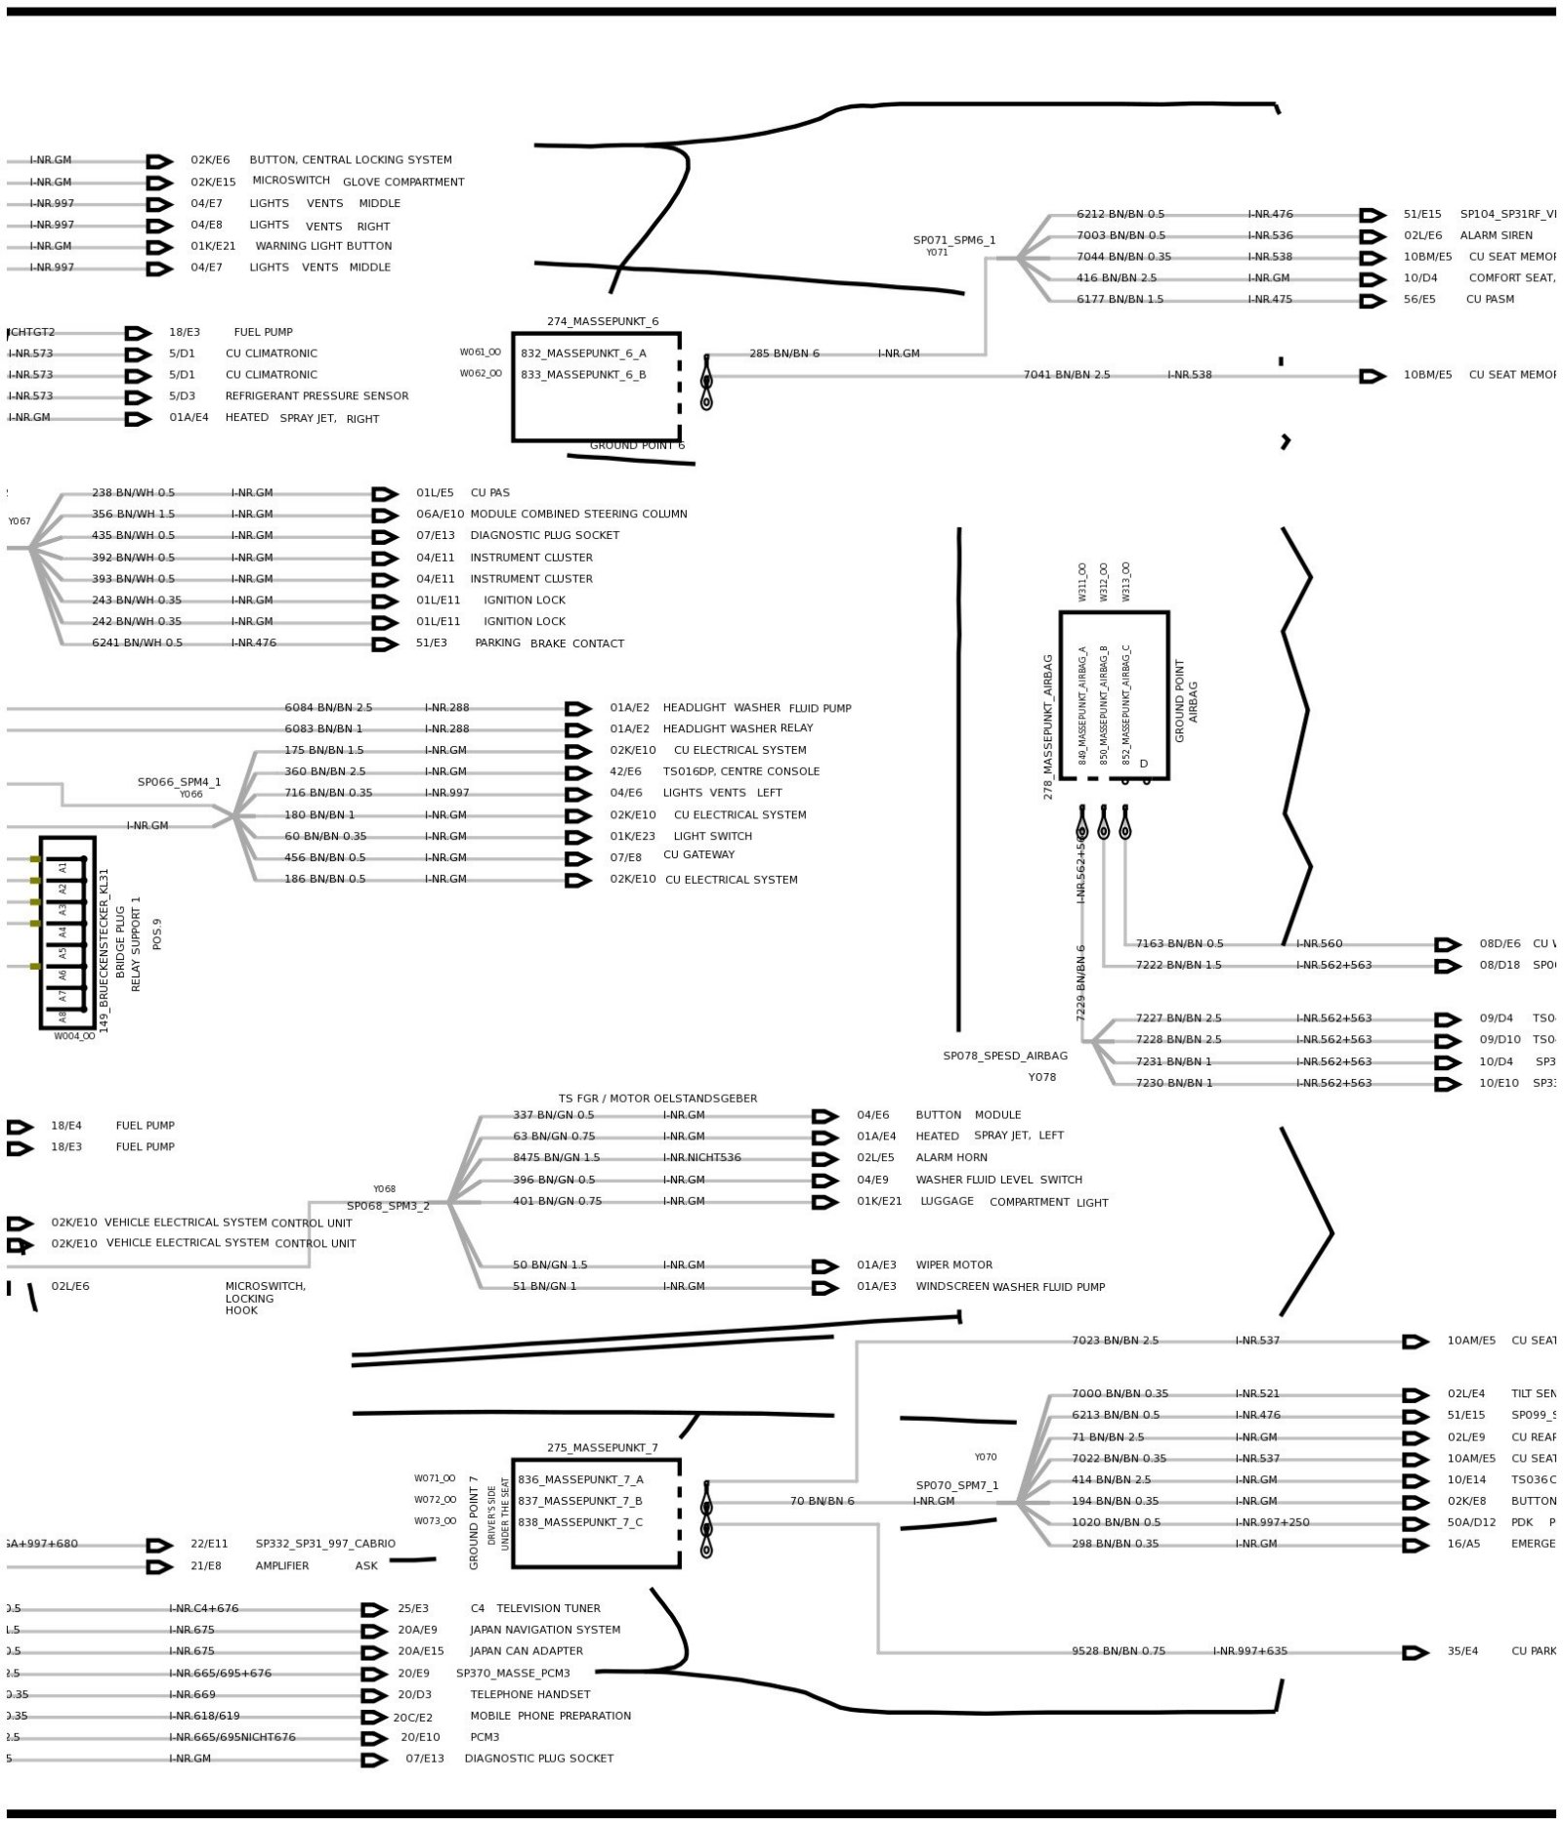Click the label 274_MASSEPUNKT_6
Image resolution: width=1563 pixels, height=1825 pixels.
coord(602,321)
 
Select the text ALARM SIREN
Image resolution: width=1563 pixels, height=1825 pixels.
coord(1496,235)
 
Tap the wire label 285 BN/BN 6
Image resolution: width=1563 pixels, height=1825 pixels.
coord(784,353)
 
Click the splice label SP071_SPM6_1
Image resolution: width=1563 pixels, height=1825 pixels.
coord(954,240)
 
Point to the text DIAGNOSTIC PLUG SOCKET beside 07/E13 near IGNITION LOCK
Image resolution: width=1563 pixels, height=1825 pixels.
coord(544,535)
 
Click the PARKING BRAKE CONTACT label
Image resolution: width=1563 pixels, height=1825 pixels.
coord(549,643)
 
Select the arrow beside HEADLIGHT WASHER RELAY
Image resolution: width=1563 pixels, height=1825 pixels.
coord(578,729)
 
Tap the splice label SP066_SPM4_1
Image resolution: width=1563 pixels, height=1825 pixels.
coord(179,782)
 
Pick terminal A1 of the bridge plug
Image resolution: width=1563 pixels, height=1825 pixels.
coord(63,865)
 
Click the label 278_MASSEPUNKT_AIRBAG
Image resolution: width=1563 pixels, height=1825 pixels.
coord(1048,726)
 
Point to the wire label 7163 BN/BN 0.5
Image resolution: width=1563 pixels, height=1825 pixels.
coord(1178,944)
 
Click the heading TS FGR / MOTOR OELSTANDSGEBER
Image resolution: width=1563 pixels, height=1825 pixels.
coord(657,1099)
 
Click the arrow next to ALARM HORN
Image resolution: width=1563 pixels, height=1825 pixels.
coord(825,1159)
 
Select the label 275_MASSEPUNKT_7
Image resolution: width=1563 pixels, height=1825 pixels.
coord(602,1447)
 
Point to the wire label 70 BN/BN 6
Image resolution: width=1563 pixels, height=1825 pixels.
coord(822,1501)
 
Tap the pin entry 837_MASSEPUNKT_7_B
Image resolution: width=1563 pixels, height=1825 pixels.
coord(579,1501)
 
